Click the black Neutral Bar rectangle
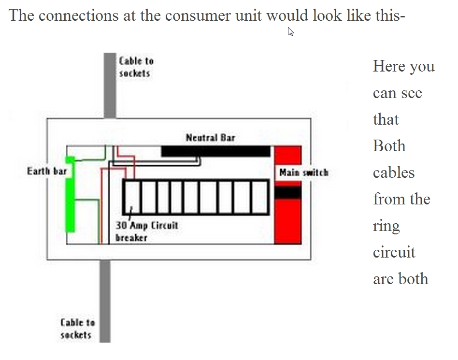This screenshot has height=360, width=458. tap(215, 151)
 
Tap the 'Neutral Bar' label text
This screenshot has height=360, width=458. tap(210, 138)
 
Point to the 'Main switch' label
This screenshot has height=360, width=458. tap(303, 173)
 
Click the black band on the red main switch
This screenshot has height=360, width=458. tap(287, 193)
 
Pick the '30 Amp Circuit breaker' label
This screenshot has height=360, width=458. tap(147, 231)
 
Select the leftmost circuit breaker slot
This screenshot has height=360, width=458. tap(131, 197)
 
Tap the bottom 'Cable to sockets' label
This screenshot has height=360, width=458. tap(77, 328)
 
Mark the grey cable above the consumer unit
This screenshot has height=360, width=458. tap(110, 85)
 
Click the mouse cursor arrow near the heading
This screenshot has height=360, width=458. tap(290, 32)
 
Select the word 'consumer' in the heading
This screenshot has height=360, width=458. tap(194, 15)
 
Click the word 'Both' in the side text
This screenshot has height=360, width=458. tap(389, 146)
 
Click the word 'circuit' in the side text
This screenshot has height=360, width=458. tap(394, 252)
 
